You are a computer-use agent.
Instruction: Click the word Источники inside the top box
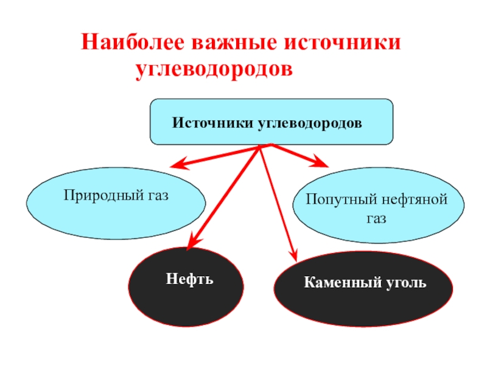[x=213, y=122]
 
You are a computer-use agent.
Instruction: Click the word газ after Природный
[x=156, y=196]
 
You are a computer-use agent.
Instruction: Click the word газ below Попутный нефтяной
[x=376, y=218]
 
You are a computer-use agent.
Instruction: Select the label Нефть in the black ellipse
[x=189, y=280]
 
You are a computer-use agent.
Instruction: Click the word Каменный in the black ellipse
[x=337, y=283]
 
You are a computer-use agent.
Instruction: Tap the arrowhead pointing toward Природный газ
[x=177, y=164]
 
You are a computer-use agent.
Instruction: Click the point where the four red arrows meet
[x=262, y=146]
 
